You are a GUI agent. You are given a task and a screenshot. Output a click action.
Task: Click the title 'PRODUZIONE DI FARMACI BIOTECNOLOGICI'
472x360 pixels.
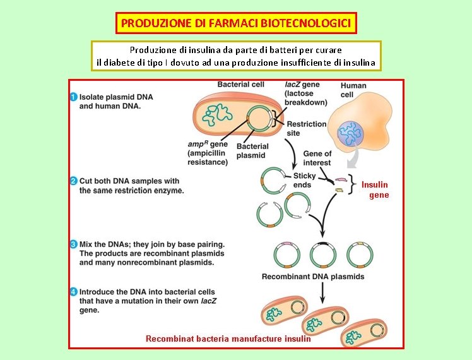[237, 23]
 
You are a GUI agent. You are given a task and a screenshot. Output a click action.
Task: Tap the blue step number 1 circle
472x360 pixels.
[74, 97]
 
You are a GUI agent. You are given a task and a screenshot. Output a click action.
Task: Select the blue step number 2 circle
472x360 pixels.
[74, 181]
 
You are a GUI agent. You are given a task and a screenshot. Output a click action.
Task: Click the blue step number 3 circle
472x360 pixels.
[74, 244]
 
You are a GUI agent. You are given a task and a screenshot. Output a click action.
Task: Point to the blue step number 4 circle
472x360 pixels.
[74, 292]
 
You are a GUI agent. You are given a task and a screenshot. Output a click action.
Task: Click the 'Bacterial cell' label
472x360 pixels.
[240, 84]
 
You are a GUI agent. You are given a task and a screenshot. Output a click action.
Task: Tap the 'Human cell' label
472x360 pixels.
[353, 90]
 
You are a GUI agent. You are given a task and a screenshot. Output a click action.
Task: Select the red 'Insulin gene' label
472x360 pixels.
[376, 189]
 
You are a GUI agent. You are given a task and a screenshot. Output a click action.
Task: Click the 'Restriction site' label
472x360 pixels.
[306, 128]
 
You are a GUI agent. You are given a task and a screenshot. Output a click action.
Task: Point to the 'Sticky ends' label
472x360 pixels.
[304, 180]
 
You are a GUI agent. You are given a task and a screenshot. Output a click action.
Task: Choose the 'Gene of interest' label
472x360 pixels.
[317, 158]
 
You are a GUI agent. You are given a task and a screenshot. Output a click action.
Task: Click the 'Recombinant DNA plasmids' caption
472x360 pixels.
[313, 277]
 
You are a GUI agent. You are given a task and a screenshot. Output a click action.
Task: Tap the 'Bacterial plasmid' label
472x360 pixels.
[252, 150]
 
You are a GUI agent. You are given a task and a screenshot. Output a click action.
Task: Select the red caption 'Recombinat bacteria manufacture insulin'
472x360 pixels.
[228, 339]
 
